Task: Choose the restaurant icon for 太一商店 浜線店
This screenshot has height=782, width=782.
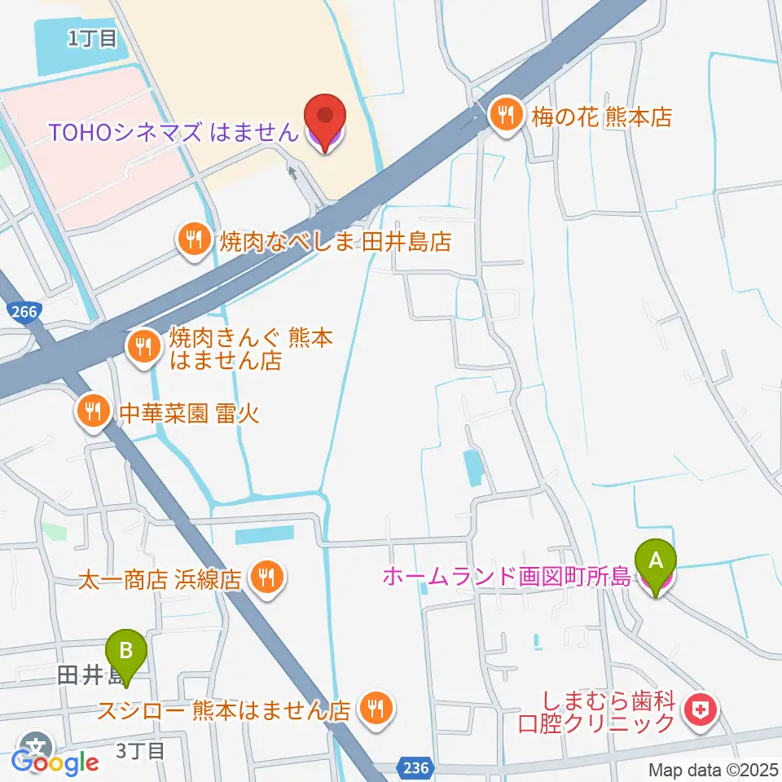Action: pyautogui.click(x=266, y=578)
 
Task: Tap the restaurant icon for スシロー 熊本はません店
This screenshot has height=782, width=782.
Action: pyautogui.click(x=376, y=707)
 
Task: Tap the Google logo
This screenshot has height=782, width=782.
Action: pyautogui.click(x=55, y=763)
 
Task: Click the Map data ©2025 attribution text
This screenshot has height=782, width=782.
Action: pyautogui.click(x=714, y=769)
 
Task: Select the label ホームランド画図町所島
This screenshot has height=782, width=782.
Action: pyautogui.click(x=507, y=578)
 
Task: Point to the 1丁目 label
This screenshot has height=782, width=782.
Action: pyautogui.click(x=92, y=37)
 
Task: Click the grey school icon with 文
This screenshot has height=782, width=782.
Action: pyautogui.click(x=37, y=746)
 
